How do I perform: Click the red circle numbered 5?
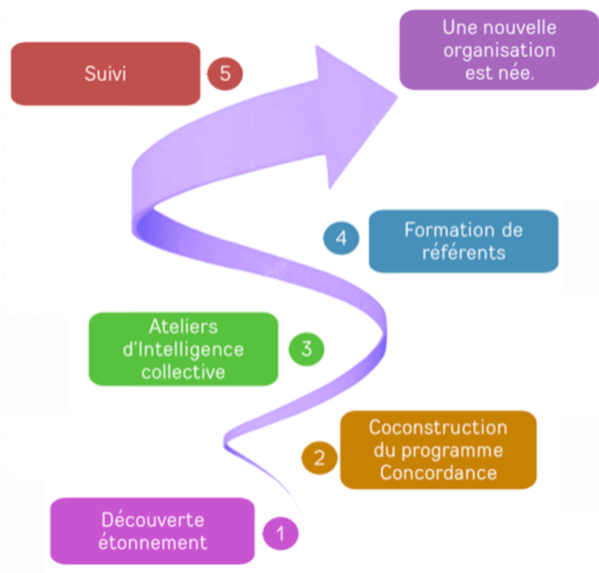(225, 74)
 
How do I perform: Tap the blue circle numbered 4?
(341, 239)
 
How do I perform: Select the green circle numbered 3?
(307, 348)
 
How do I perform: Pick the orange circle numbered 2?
(319, 457)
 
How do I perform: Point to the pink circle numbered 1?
(282, 534)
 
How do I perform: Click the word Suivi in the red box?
(105, 74)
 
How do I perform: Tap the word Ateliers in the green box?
(183, 327)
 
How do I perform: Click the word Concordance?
(438, 472)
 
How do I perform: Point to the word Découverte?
(153, 519)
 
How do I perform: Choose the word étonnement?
(153, 542)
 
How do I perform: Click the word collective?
(183, 371)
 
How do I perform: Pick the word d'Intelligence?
(183, 348)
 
